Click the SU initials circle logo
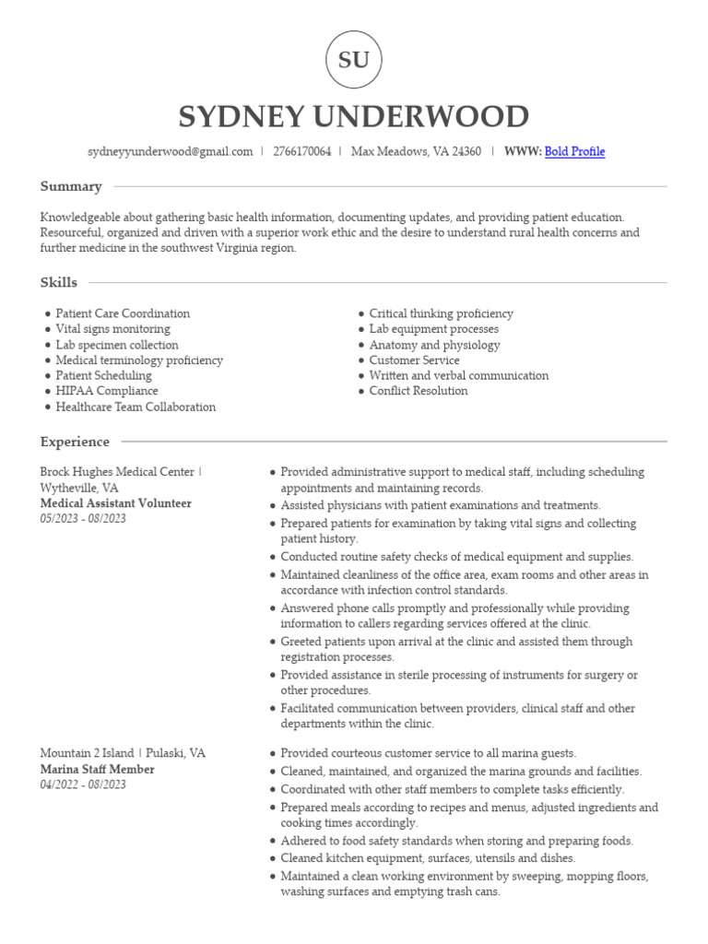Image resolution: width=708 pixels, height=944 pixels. tap(353, 60)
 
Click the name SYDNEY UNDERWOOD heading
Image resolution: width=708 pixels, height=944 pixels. tap(353, 117)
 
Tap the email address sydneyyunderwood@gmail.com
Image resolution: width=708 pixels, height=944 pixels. tap(170, 152)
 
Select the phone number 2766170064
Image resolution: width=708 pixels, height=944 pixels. tap(301, 152)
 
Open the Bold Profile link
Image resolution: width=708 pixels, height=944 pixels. tap(574, 152)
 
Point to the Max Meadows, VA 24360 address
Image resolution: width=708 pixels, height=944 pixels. tap(416, 152)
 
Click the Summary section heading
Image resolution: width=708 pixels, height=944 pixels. tap(71, 186)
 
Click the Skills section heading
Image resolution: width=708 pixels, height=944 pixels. tap(59, 282)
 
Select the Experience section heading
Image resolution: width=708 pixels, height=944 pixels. tap(75, 442)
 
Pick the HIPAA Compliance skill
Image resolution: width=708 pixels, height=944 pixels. tap(106, 391)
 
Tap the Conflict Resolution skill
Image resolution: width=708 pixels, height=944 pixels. tap(418, 391)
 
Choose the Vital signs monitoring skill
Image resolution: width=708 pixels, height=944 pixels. tap(112, 329)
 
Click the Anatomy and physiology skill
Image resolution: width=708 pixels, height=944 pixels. tap(434, 345)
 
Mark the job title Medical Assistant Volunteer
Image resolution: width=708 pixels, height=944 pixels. tap(116, 503)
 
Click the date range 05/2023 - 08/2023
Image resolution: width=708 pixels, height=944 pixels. tap(83, 519)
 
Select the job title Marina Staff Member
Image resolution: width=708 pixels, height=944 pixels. tap(97, 769)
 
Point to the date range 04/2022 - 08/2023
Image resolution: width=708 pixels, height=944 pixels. tap(83, 785)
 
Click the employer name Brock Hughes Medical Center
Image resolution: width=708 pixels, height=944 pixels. tap(117, 472)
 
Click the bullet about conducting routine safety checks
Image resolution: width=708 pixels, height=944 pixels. tap(456, 557)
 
